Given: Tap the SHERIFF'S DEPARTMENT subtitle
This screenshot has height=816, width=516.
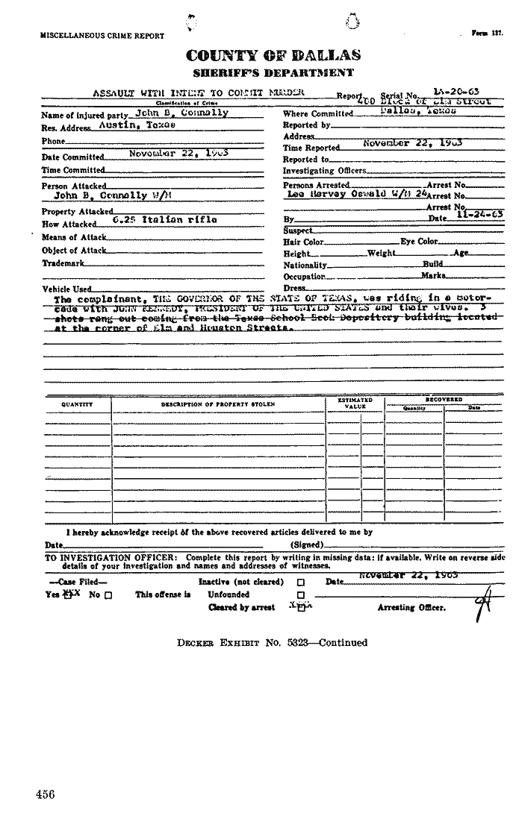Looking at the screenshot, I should (x=273, y=72).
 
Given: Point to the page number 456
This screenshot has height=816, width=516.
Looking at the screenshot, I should (x=45, y=794).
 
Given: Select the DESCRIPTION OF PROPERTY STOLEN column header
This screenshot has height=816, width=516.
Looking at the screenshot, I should (x=217, y=404).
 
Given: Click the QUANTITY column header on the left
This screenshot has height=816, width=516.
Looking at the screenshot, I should (x=77, y=404).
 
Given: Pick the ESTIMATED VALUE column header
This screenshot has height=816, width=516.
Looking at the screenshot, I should (x=355, y=404).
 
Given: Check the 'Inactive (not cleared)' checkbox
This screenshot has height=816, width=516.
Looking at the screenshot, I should (x=300, y=582).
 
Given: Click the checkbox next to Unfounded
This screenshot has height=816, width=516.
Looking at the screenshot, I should (x=300, y=595).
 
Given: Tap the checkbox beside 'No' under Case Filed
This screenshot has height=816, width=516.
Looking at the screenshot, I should (x=109, y=595).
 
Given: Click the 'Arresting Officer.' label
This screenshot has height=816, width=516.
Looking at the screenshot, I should (x=411, y=608).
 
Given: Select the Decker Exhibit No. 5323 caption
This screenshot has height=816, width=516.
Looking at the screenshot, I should (x=273, y=642).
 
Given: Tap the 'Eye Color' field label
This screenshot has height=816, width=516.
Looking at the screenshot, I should (x=419, y=242).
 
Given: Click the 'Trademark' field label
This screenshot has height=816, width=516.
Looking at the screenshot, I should (x=63, y=263).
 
